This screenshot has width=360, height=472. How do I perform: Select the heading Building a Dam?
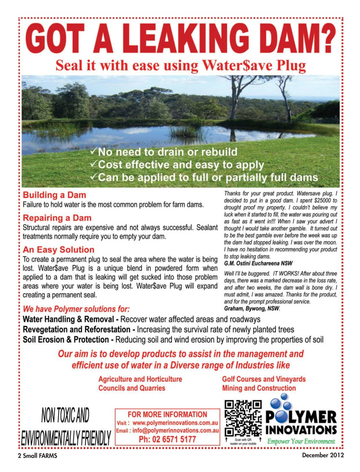[x=54, y=195]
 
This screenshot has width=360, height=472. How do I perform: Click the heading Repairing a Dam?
[x=57, y=218]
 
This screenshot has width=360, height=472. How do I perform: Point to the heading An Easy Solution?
[x=58, y=250]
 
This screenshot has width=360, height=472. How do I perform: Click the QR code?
[x=243, y=418]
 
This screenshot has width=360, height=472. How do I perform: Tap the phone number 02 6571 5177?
[x=167, y=439]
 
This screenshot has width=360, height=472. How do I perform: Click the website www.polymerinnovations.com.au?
[x=175, y=423]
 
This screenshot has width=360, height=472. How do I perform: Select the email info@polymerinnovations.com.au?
[x=175, y=431]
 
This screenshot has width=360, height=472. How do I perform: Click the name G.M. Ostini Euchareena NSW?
[x=258, y=263]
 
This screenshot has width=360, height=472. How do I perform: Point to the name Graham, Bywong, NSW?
[x=252, y=308]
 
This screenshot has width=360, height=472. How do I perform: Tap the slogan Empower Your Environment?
[x=301, y=441]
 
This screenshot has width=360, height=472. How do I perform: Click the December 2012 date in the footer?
[x=322, y=455]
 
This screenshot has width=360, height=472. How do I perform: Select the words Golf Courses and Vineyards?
[x=263, y=379]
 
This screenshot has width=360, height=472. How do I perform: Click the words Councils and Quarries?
[x=132, y=388]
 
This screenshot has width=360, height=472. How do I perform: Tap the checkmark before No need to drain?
[x=94, y=152]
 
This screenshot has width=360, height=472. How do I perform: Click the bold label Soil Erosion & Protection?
[x=66, y=340]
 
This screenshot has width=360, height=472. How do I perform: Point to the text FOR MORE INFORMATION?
[x=167, y=414]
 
